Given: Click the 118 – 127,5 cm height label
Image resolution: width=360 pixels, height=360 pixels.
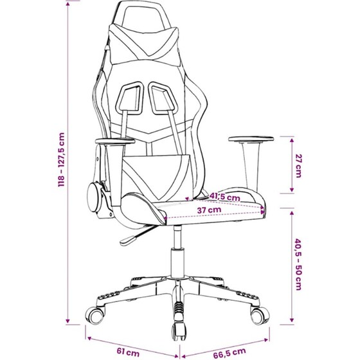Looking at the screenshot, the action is [x=62, y=159].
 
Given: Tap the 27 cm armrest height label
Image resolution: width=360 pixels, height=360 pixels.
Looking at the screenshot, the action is [x=298, y=166].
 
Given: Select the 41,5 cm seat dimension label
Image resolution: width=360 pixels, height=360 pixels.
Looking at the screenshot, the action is [x=224, y=197].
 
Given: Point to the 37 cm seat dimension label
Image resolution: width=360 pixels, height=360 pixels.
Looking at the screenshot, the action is [x=209, y=210].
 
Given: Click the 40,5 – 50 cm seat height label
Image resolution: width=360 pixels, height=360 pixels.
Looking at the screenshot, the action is [x=298, y=264].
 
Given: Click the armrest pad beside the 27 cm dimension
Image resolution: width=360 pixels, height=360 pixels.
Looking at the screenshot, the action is [x=251, y=139].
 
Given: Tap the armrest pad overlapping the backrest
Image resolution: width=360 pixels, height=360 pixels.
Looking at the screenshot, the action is [x=115, y=141].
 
